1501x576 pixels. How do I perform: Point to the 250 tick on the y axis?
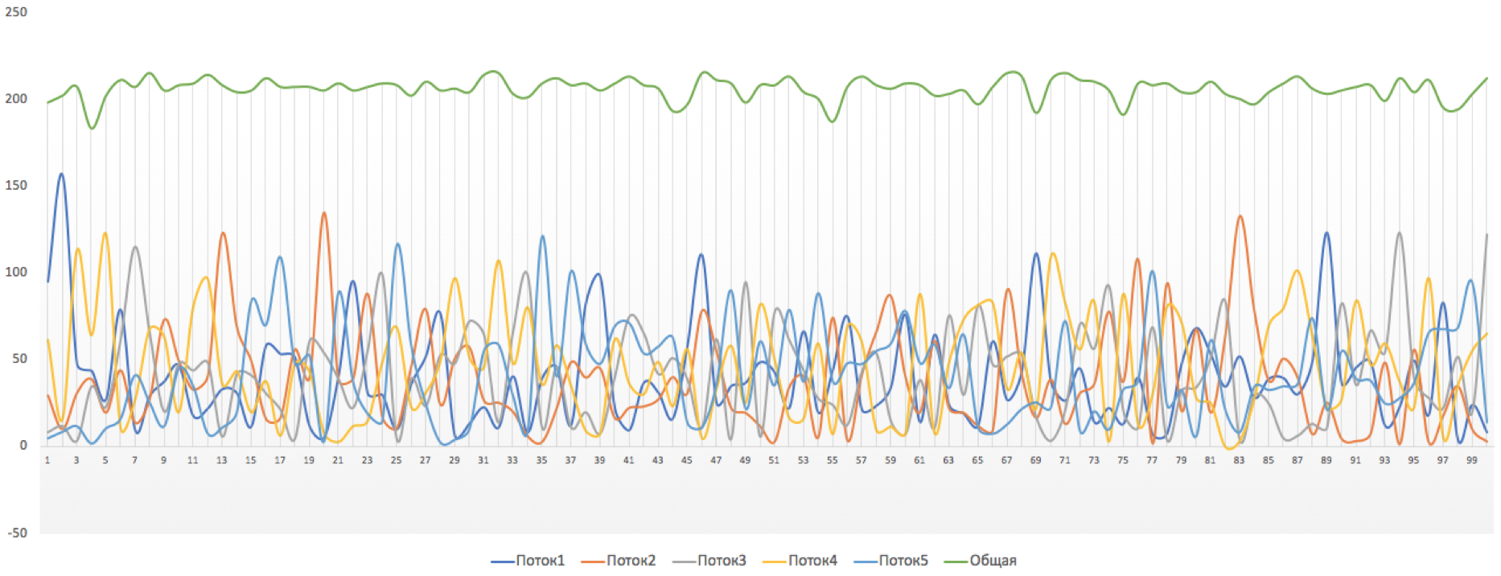[16, 12]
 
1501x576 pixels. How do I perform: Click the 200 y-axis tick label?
[16, 99]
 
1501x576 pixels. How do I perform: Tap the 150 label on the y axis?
[16, 185]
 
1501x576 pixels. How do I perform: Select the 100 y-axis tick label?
[16, 272]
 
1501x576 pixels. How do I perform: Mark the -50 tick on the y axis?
[18, 533]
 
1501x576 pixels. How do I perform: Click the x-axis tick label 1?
[47, 460]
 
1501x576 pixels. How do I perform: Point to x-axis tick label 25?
[396, 460]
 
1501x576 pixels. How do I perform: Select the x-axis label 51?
[774, 460]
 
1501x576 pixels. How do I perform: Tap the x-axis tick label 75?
[1123, 460]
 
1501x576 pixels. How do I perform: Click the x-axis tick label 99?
[1471, 460]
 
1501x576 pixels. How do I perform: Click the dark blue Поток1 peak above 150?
[61, 174]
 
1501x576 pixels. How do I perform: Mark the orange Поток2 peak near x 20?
[324, 213]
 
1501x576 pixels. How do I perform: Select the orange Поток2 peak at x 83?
[1240, 216]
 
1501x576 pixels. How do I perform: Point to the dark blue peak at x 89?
[1326, 233]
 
